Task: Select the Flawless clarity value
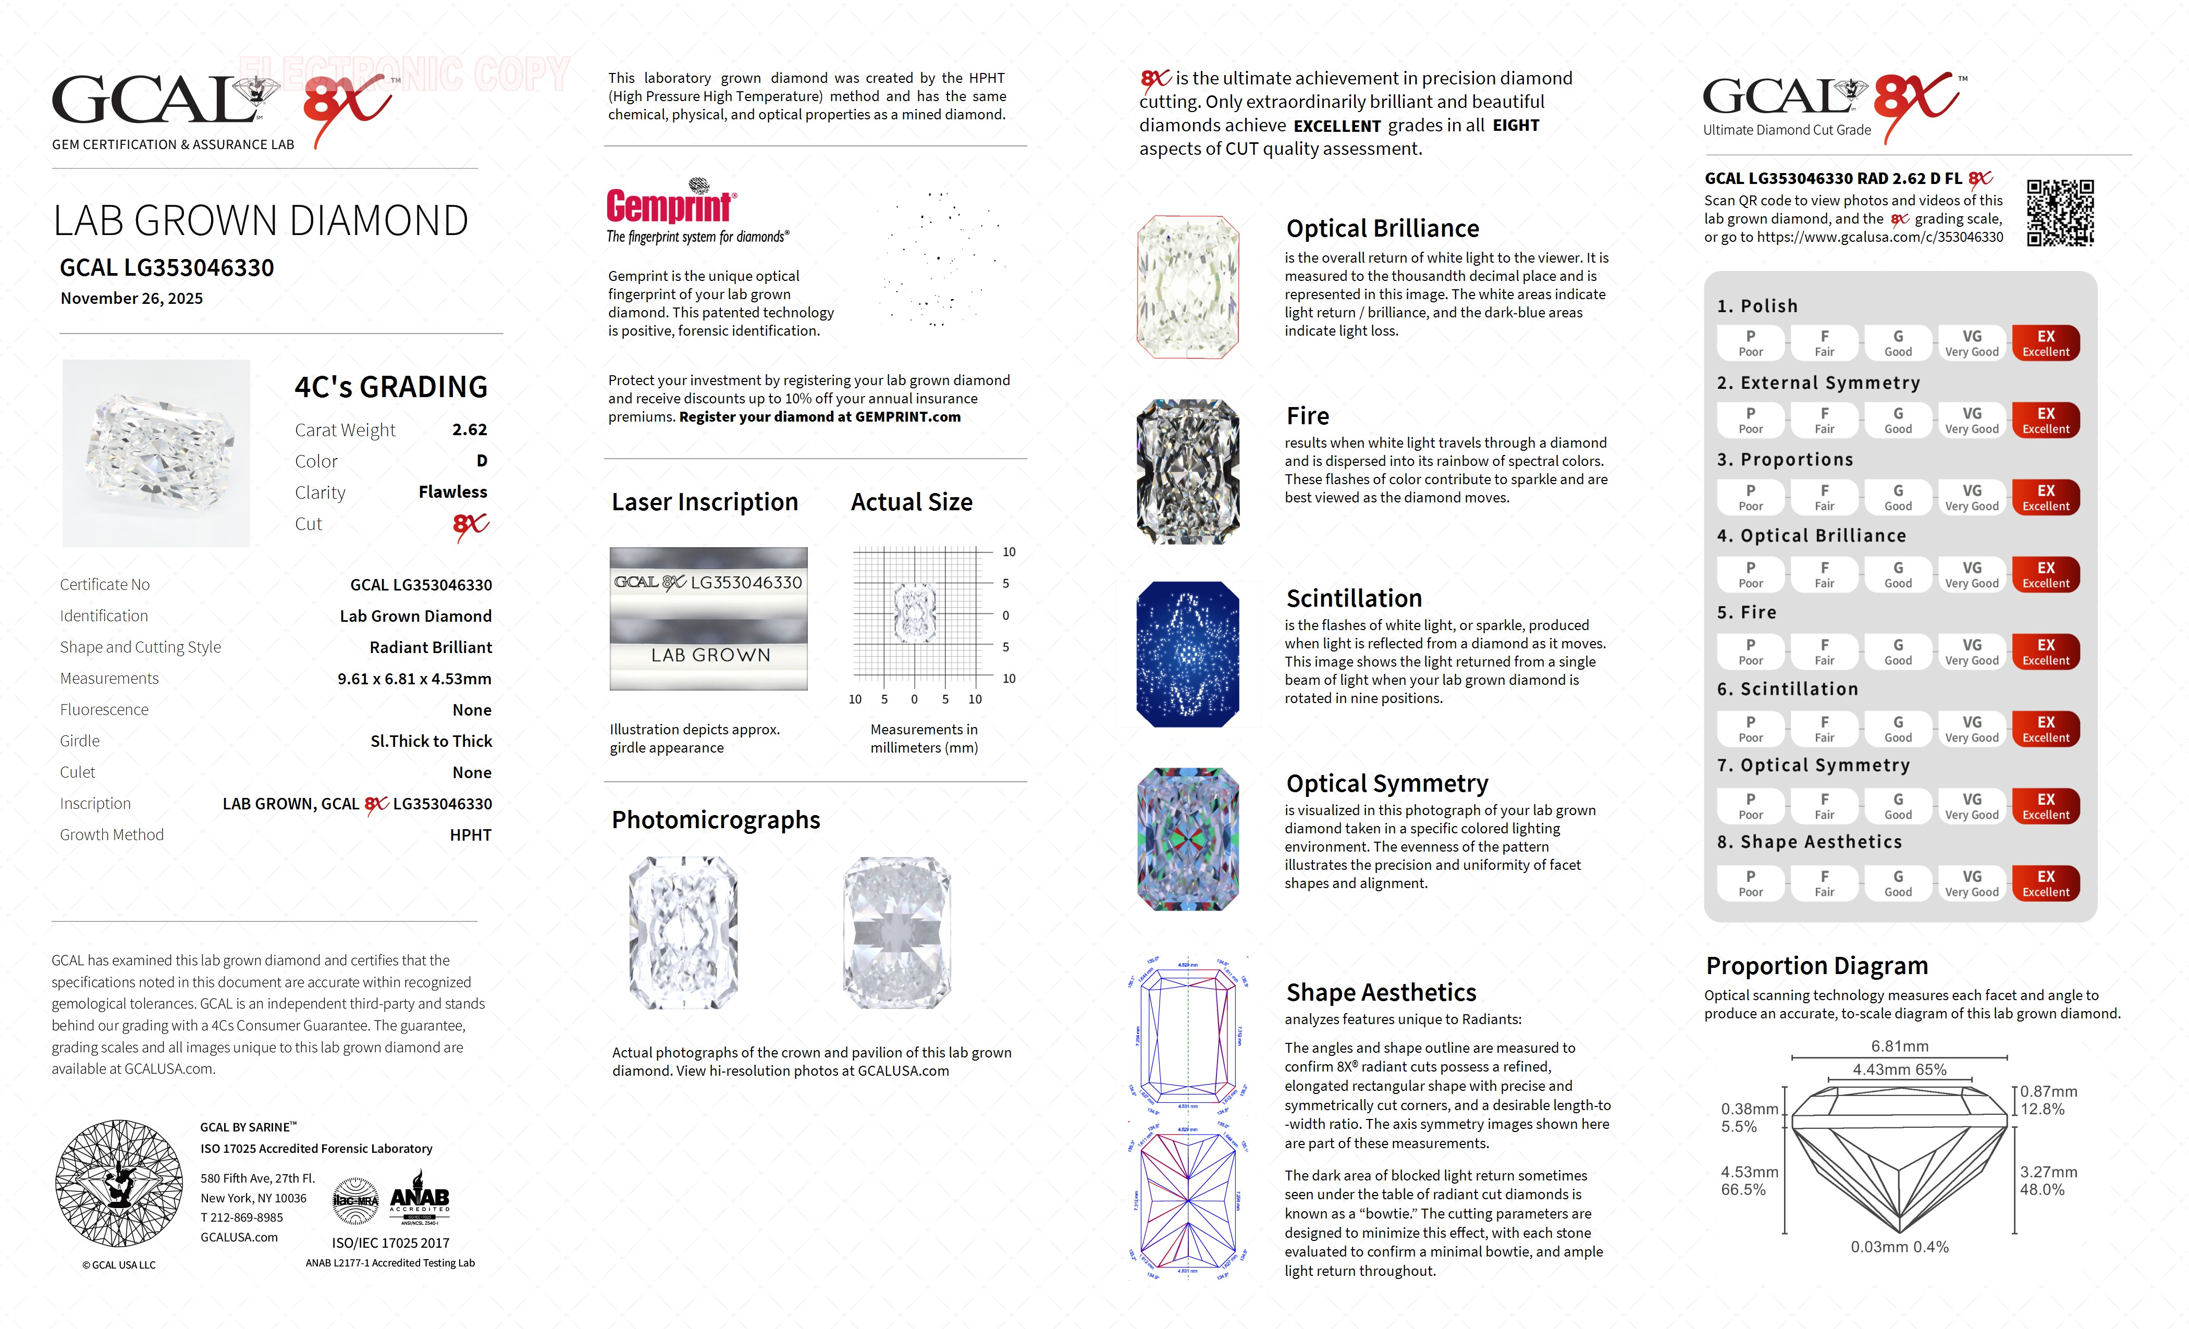tap(452, 492)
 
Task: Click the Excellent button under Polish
tap(2045, 343)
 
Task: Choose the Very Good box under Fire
tap(1971, 651)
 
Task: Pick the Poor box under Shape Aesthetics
tap(1750, 883)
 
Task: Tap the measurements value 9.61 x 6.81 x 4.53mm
tap(414, 679)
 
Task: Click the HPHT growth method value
tap(470, 835)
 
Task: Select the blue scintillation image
tap(1188, 654)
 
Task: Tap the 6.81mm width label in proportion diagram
tap(1899, 1047)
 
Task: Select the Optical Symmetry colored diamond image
tap(1188, 839)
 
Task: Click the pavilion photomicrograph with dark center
tap(896, 933)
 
